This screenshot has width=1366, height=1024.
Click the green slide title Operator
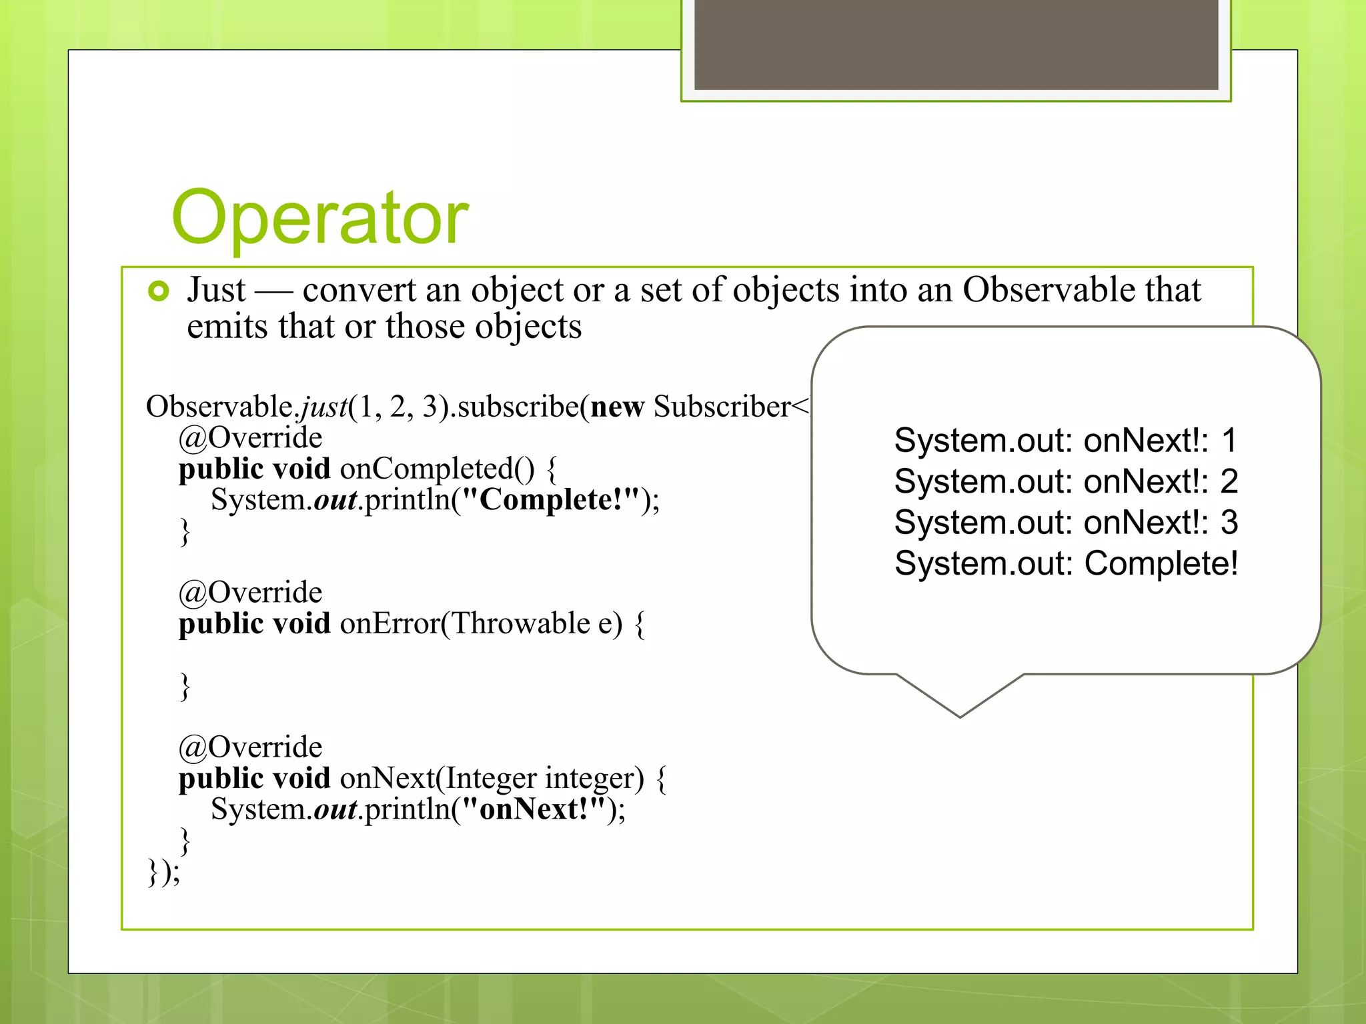tap(320, 218)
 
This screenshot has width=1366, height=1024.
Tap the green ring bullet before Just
tap(159, 291)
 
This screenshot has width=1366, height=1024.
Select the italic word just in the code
tap(323, 407)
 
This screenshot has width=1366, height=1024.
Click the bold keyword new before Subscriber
tap(617, 407)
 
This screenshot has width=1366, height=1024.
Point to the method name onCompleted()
tap(437, 469)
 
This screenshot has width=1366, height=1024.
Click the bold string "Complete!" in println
tap(550, 500)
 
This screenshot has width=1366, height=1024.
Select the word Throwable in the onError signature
tap(521, 623)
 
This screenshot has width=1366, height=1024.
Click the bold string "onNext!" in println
tap(534, 809)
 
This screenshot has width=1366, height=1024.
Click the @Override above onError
tap(250, 593)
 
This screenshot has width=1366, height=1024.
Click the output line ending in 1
tap(1065, 441)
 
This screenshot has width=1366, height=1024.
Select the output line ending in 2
tap(1065, 481)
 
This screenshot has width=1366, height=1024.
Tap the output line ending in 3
tap(1065, 522)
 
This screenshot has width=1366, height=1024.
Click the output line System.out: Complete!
tap(1065, 563)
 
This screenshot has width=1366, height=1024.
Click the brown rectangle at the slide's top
tap(956, 44)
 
